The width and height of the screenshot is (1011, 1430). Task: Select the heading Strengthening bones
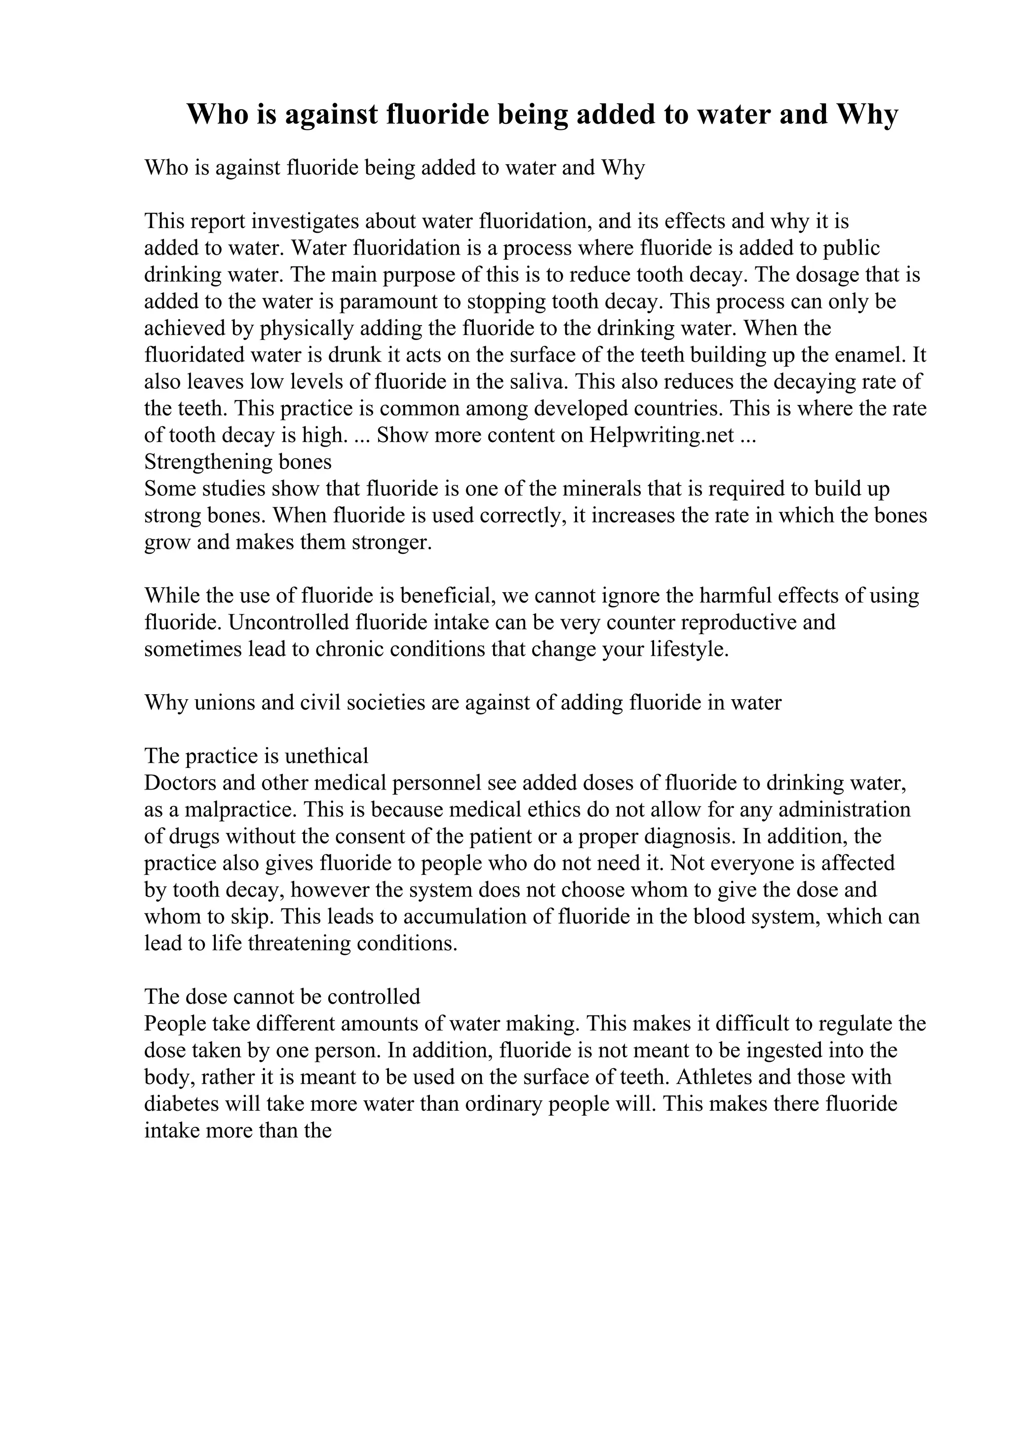(238, 462)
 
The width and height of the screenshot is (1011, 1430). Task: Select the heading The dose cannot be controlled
(282, 997)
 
